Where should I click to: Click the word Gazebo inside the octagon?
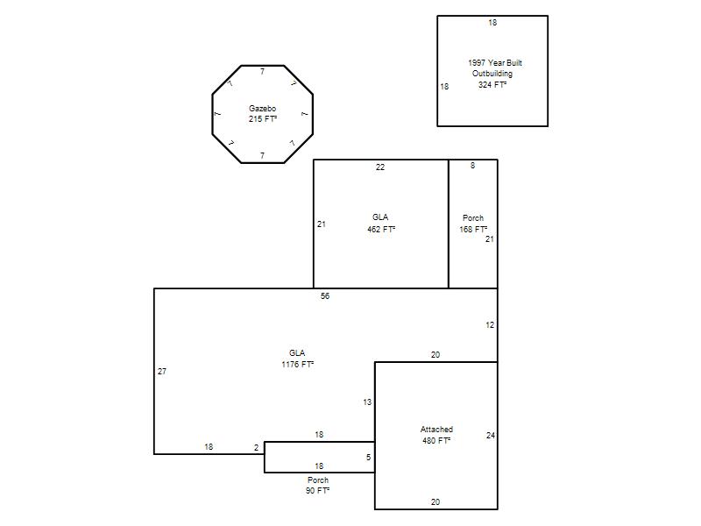click(262, 108)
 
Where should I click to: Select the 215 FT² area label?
click(263, 119)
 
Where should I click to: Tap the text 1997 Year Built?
click(495, 62)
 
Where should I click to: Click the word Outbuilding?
click(492, 74)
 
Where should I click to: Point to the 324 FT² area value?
click(492, 84)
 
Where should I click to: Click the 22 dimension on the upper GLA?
click(380, 167)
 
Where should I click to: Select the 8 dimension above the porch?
click(472, 166)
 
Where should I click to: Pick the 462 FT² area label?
click(381, 230)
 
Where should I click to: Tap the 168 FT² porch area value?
click(473, 229)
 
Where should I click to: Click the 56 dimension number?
click(325, 296)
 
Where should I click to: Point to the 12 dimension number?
click(490, 325)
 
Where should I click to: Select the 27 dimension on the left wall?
click(162, 371)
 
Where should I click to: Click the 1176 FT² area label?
click(298, 365)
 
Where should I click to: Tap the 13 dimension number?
click(367, 402)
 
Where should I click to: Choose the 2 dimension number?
click(256, 448)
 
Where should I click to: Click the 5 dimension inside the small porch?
click(368, 457)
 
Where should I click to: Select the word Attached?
click(436, 430)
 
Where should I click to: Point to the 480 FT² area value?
click(436, 441)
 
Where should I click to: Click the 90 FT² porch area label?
click(317, 491)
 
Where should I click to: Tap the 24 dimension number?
click(491, 435)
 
